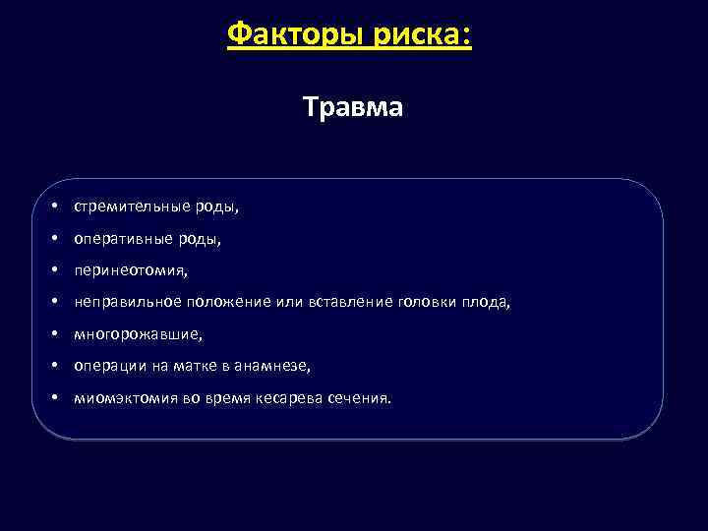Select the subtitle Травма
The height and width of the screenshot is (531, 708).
353,106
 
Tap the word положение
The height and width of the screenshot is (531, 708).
228,302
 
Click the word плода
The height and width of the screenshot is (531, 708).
487,302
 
